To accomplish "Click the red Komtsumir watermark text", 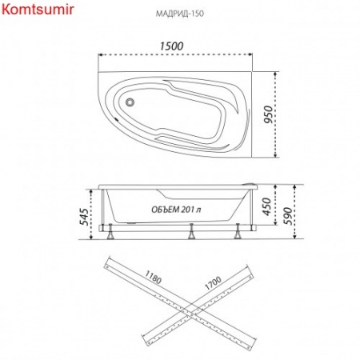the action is tap(38, 10).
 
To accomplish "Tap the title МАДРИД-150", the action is tap(180, 14).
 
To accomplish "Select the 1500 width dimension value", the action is tap(171, 46).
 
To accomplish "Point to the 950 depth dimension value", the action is tap(269, 114).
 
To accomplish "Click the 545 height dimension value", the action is tap(84, 217).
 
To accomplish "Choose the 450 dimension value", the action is tap(266, 206).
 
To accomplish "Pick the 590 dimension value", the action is tap(288, 216).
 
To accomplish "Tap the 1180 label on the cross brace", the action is tap(153, 278).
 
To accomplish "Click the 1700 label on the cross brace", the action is tap(213, 283).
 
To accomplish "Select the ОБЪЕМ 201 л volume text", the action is tap(176, 210).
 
